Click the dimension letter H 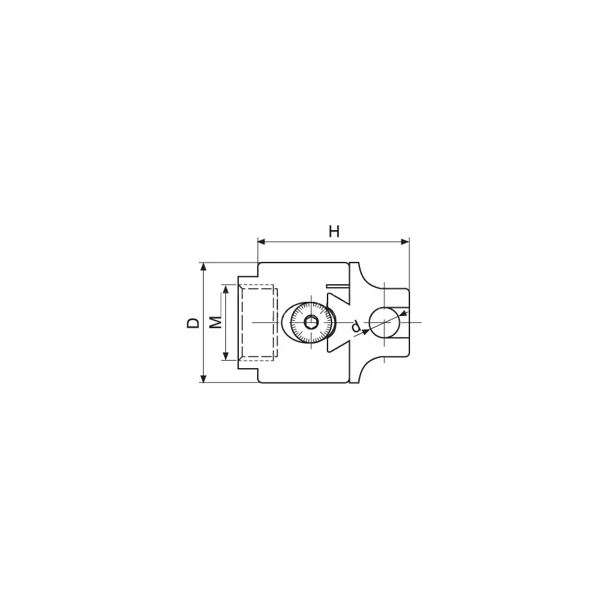pyautogui.click(x=334, y=231)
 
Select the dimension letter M pyautogui.click(x=216, y=322)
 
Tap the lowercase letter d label pyautogui.click(x=355, y=327)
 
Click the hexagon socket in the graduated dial pyautogui.click(x=311, y=322)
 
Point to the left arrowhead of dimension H pyautogui.click(x=262, y=242)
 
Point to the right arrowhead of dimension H pyautogui.click(x=405, y=242)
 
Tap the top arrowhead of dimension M pyautogui.click(x=225, y=288)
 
